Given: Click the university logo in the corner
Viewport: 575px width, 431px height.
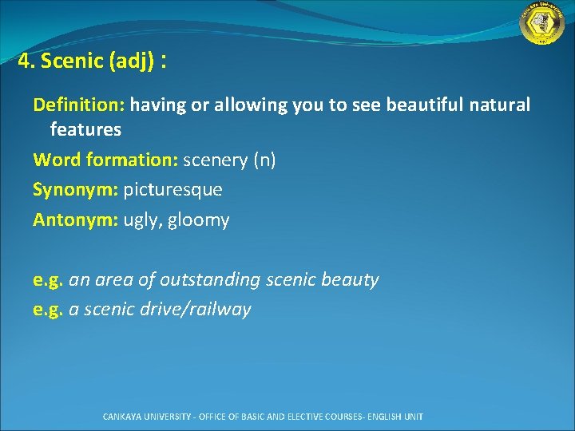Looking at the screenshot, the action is (541, 22).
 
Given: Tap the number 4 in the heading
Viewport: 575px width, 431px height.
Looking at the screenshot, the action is (24, 61).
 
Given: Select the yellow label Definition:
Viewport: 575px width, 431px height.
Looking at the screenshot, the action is (79, 105).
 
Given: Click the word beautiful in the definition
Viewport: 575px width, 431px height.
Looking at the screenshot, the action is (425, 105).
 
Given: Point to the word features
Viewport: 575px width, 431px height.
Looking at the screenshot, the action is (85, 129).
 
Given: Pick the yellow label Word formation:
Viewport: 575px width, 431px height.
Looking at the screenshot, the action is (105, 160).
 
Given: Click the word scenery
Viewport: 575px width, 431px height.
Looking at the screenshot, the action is (216, 161).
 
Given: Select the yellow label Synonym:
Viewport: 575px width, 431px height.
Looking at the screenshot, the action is (76, 190).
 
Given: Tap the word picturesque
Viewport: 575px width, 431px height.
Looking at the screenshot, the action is (172, 190).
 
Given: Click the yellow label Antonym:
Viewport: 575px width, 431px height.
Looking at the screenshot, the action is (76, 220).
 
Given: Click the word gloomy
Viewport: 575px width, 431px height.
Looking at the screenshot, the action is (198, 220).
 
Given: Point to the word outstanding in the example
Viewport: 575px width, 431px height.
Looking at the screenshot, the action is (210, 280).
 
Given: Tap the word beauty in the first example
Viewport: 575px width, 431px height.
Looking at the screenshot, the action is (350, 280).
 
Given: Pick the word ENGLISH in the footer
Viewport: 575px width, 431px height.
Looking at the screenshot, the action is (383, 417).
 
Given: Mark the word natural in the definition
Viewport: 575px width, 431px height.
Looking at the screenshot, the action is (499, 105).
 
